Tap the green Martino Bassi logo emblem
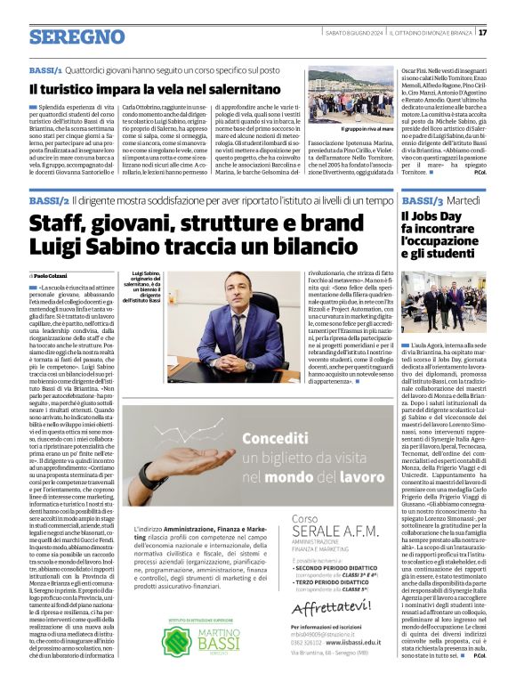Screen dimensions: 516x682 [175, 640]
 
